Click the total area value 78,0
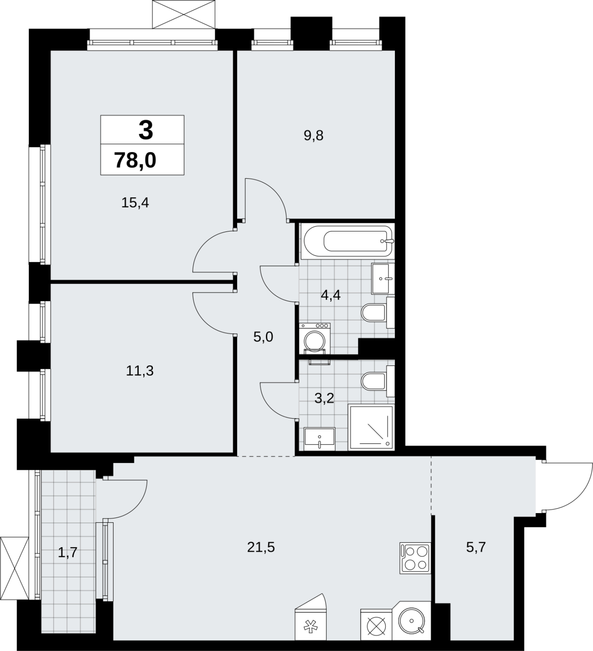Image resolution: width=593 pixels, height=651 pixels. coord(135,160)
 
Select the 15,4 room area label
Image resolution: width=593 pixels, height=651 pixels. coord(135,202)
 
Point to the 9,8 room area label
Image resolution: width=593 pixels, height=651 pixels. coord(314,135)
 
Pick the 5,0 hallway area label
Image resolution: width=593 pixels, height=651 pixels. coord(263,337)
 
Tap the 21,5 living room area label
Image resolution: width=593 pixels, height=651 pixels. coord(261,547)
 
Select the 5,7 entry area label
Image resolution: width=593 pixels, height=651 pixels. coord(476,547)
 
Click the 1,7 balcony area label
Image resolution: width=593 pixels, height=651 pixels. coord(68,553)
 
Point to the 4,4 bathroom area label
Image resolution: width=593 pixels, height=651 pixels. coord(331,295)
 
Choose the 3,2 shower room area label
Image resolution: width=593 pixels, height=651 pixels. coord(324,398)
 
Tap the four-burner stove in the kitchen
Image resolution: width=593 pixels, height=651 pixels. coord(415,558)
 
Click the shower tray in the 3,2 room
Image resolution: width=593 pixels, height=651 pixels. coord(371,428)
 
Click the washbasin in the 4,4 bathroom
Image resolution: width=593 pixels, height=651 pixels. coord(383,279)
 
